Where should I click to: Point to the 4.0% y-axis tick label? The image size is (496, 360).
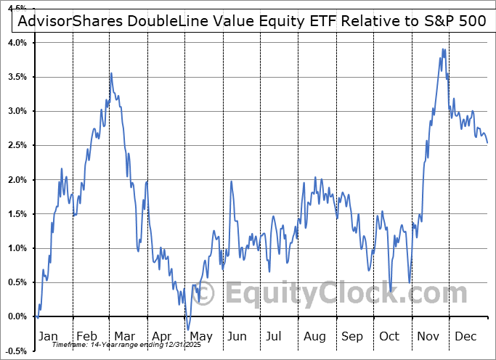pyautogui.click(x=17, y=43)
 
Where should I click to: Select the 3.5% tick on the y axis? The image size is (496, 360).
pyautogui.click(x=17, y=77)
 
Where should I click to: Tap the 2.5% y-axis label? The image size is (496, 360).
pyautogui.click(x=17, y=146)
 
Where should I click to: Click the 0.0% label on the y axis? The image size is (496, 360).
pyautogui.click(x=17, y=317)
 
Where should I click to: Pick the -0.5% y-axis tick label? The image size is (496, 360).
pyautogui.click(x=16, y=351)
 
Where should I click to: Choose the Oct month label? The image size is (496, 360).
pyautogui.click(x=389, y=336)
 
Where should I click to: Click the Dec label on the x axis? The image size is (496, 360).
pyautogui.click(x=465, y=336)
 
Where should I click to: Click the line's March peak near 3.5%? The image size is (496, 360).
pyautogui.click(x=111, y=73)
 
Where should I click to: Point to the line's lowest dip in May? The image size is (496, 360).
pyautogui.click(x=187, y=330)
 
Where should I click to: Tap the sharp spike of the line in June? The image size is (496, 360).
pyautogui.click(x=231, y=181)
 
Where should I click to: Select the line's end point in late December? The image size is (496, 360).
pyautogui.click(x=487, y=143)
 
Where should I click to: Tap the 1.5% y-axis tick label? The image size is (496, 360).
pyautogui.click(x=17, y=214)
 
